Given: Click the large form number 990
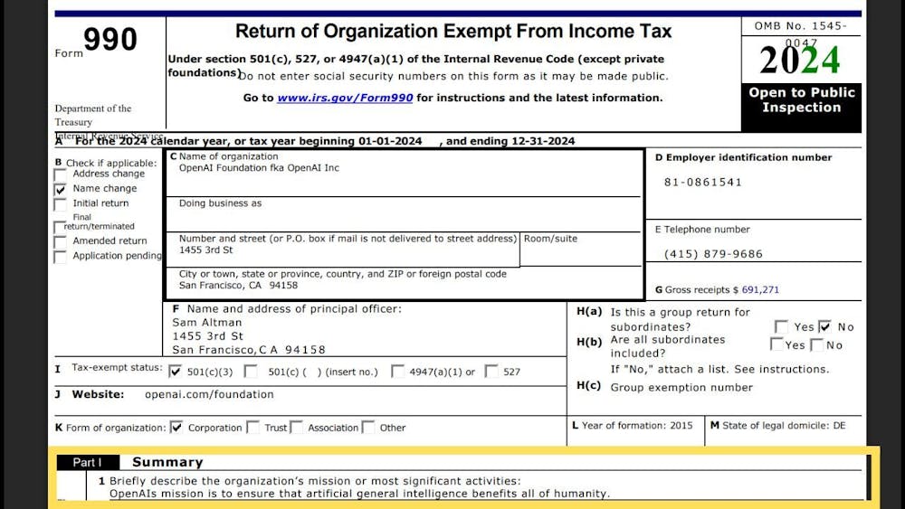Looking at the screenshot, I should coord(110,40).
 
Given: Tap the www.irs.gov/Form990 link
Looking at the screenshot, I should coord(345,98).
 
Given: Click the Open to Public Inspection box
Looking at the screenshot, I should coord(801,100).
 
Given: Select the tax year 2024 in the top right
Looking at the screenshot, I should coord(800,61).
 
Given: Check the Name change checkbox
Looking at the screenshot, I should coord(61,189).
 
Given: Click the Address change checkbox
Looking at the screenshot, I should coord(61,174).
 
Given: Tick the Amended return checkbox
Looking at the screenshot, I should coord(61,241).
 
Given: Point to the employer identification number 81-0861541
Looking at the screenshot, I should coord(703,182).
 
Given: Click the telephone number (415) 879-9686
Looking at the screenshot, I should coord(713,254).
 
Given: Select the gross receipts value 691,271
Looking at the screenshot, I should coord(760,290).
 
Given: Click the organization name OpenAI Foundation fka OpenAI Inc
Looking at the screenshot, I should coord(259,168).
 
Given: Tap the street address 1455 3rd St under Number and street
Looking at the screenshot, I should coord(205,250).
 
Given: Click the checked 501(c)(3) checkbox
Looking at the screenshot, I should coord(176,371).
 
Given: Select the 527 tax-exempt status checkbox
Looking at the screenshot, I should coord(491,371).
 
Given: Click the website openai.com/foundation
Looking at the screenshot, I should coord(209,394).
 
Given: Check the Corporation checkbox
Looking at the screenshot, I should coord(176,428).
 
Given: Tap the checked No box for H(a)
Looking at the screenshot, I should coord(824,326).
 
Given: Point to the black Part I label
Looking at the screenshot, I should coord(88,462).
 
